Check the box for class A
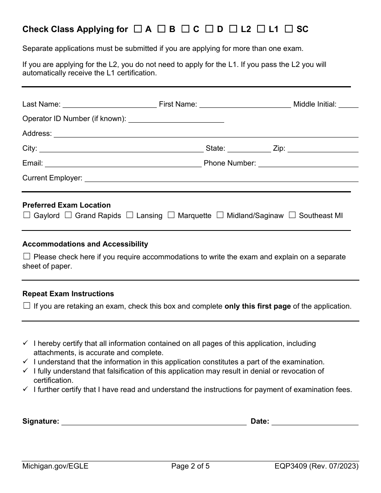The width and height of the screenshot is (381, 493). [x=138, y=29]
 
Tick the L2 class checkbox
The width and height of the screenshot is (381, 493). [x=233, y=29]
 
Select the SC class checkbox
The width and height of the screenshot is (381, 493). [x=288, y=29]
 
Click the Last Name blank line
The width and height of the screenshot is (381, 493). [x=109, y=105]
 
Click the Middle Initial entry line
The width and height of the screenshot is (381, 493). [x=349, y=105]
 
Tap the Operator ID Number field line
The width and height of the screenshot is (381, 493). [x=176, y=119]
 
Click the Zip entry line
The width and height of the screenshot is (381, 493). [x=323, y=149]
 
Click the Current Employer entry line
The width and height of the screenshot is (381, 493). [x=221, y=179]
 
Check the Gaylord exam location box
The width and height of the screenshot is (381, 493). [x=27, y=215]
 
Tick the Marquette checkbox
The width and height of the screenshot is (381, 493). [x=171, y=215]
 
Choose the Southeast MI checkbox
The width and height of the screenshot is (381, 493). [x=292, y=215]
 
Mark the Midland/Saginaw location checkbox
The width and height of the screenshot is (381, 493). [x=220, y=215]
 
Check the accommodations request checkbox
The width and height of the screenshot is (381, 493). [x=27, y=257]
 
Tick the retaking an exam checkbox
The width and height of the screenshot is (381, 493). [x=27, y=306]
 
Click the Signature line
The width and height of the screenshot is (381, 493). [x=154, y=422]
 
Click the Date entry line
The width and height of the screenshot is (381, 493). [x=315, y=422]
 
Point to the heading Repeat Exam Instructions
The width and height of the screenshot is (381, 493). [x=68, y=294]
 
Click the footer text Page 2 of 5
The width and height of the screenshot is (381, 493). [x=190, y=466]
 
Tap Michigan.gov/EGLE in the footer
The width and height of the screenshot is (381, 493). [x=55, y=466]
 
